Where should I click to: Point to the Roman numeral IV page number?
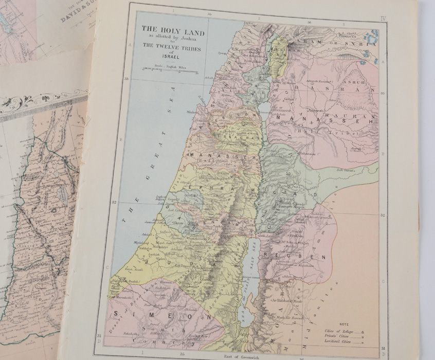click(x=383, y=18)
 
